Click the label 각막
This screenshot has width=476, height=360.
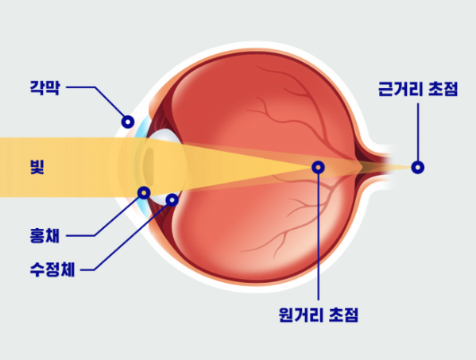(x=45, y=87)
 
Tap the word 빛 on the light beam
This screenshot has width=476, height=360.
(x=37, y=167)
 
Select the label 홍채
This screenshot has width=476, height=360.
(x=45, y=235)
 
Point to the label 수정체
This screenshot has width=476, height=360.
(x=52, y=269)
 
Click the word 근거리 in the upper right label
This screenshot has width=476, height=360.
(x=401, y=89)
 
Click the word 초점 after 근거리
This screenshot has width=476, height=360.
(x=443, y=89)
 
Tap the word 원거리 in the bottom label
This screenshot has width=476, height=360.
(x=301, y=315)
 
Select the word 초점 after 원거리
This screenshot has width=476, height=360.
(x=343, y=315)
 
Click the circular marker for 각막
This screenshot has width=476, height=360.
(x=128, y=122)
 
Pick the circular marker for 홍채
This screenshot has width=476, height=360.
(x=144, y=193)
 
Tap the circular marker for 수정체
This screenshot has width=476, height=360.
(x=172, y=199)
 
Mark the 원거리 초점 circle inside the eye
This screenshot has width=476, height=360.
(x=318, y=167)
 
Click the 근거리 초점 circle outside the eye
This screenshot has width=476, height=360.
(x=418, y=167)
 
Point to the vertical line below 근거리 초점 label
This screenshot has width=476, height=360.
(x=418, y=132)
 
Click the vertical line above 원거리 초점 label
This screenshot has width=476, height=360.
(x=318, y=237)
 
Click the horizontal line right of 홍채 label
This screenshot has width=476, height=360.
(x=80, y=235)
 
